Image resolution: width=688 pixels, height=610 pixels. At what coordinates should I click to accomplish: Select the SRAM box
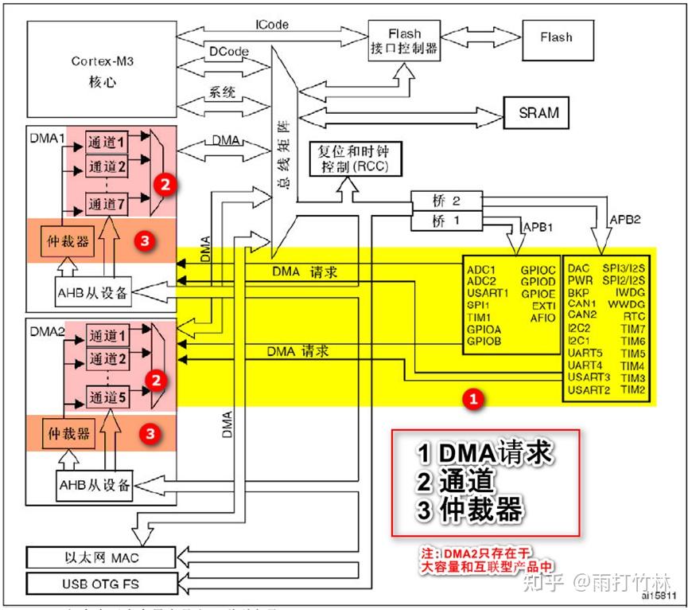pos(538,112)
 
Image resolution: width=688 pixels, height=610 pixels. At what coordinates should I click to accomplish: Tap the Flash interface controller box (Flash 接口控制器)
pos(404,41)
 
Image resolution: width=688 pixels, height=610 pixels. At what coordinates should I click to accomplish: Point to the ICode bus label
pos(271,25)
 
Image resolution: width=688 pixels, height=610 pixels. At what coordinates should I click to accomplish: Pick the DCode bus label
pos(229,51)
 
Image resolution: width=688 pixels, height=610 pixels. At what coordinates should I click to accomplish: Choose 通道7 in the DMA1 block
pos(107,204)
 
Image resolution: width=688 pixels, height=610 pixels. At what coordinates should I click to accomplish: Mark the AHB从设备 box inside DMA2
pos(93,484)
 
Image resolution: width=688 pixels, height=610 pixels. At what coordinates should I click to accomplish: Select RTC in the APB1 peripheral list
pos(633,315)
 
